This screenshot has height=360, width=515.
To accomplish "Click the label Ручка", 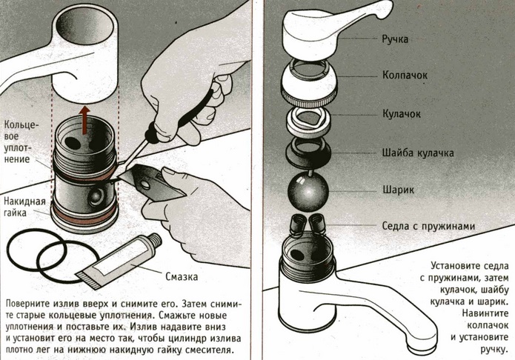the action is click(395, 39).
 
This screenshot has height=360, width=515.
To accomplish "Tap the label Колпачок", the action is click(405, 76).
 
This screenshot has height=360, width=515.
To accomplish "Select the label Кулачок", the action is click(402, 114).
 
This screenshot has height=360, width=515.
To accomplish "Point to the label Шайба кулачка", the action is click(418, 153).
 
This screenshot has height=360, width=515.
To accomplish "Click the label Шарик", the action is click(398, 190).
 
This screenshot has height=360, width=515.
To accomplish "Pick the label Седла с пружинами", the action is click(428, 226).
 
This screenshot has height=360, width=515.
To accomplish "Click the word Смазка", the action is click(182, 276).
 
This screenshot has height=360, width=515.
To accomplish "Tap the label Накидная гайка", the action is click(24, 207).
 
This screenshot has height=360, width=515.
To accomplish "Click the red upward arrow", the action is click(85, 120).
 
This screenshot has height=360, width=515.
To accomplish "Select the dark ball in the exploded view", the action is click(308, 191).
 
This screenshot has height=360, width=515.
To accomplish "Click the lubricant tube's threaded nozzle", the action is click(155, 241).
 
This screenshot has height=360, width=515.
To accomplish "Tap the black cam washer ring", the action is click(308, 153).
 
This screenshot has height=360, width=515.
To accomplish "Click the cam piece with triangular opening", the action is click(308, 120).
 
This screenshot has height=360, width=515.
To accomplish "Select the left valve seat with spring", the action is click(298, 224).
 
